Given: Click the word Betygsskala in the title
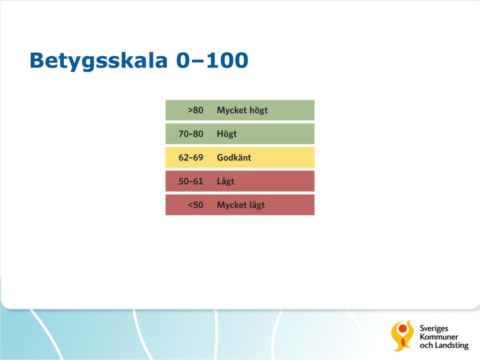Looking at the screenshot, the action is tap(98, 61).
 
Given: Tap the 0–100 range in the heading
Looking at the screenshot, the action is tap(212, 60).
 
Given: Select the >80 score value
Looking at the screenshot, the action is tap(195, 110).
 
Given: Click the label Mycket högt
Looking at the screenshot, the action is tap(242, 110).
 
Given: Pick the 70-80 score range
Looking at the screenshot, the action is tap(190, 134).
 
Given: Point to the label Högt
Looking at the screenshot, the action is tap(227, 134).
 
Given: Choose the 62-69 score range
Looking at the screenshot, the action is tap(190, 157).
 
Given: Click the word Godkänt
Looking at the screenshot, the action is tap(234, 157).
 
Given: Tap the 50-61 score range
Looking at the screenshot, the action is tap(190, 181).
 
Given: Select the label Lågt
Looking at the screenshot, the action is tap(225, 181).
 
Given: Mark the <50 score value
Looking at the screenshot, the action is tap(195, 205).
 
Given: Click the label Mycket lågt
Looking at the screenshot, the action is tap(241, 205).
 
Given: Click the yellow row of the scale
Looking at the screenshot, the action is tap(240, 157).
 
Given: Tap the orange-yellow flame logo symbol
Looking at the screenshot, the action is tap(402, 335).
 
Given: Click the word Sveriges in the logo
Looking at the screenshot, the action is tap(434, 329).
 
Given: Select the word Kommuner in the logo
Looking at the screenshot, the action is tap(439, 337).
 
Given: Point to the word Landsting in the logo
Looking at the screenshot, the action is tap(452, 345).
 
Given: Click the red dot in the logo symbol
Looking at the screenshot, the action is tap(403, 329).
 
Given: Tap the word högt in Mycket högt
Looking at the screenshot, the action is tap(258, 110).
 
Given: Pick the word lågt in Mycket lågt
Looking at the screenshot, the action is tap(256, 205).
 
